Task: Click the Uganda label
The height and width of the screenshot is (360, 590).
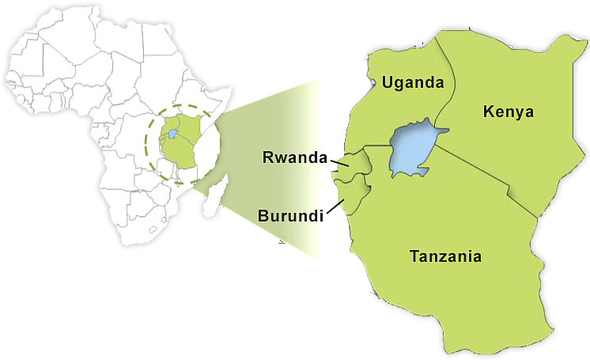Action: click(x=412, y=82)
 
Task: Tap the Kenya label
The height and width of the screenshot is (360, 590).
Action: click(x=509, y=112)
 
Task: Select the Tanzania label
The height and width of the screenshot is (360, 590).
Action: click(x=445, y=256)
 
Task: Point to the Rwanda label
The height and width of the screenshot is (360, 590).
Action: click(x=294, y=157)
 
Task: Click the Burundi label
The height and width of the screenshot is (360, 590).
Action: click(x=290, y=214)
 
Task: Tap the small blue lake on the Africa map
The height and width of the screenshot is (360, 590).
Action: click(x=172, y=135)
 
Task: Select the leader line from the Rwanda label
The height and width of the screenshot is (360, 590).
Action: click(x=340, y=164)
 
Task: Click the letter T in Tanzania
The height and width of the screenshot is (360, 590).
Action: click(x=414, y=256)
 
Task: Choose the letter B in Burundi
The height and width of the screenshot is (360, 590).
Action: click(x=263, y=214)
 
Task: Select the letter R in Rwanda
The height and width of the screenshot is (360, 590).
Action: click(x=267, y=157)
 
